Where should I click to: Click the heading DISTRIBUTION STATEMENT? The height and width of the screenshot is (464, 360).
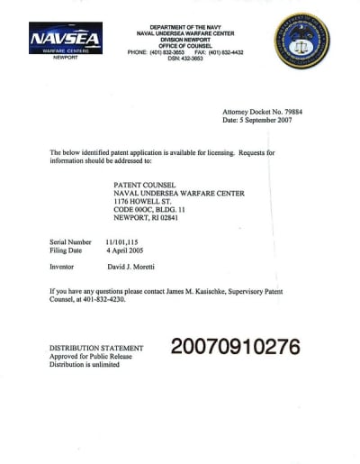point(95,348)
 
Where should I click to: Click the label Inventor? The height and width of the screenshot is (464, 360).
point(63,268)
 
